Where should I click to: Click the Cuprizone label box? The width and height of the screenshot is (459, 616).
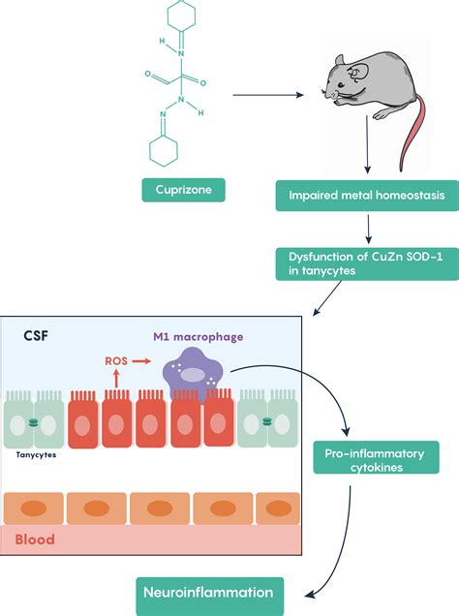point(183,190)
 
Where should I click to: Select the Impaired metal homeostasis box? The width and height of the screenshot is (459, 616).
point(367,196)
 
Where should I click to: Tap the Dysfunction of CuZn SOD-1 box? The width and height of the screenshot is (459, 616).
point(367,264)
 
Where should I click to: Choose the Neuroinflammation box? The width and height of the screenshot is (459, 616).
point(210,593)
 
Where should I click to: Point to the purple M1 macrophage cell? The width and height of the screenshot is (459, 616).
point(194,375)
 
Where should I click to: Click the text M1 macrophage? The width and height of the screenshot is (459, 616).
point(198,337)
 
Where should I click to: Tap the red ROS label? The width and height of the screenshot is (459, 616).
point(116,361)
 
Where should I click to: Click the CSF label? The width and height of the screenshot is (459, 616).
point(36,336)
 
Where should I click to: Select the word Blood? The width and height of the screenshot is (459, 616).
point(35,539)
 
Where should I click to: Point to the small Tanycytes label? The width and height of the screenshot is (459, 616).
point(36,455)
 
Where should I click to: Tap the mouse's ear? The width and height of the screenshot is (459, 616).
point(359,72)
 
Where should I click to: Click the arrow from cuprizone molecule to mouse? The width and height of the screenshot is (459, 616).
point(268,95)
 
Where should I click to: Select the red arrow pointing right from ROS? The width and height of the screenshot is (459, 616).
point(141,361)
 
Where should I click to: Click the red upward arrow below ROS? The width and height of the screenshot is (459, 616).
point(116,379)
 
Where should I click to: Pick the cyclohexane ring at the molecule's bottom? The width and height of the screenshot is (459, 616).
point(164,151)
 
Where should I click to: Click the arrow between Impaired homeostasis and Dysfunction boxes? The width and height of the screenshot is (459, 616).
point(368,229)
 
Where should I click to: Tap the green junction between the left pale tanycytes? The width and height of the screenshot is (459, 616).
point(34,423)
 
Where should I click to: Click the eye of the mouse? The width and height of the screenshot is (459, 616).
point(341,85)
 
